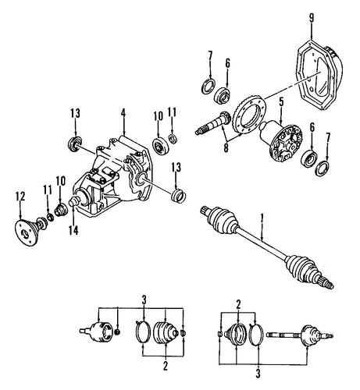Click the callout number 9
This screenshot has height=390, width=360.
(312, 18)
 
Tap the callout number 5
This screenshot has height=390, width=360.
(281, 102)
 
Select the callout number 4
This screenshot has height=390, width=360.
(123, 113)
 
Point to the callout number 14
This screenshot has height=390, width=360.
(73, 230)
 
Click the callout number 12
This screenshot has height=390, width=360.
(20, 197)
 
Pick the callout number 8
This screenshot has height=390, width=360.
(226, 147)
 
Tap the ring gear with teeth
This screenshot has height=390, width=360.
(251, 115)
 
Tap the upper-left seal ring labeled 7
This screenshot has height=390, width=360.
(209, 85)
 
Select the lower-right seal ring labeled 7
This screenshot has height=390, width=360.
(322, 168)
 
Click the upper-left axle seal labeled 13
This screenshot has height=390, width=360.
(75, 143)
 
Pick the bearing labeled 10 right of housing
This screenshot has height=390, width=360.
(161, 145)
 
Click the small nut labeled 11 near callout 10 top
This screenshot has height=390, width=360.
(173, 138)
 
